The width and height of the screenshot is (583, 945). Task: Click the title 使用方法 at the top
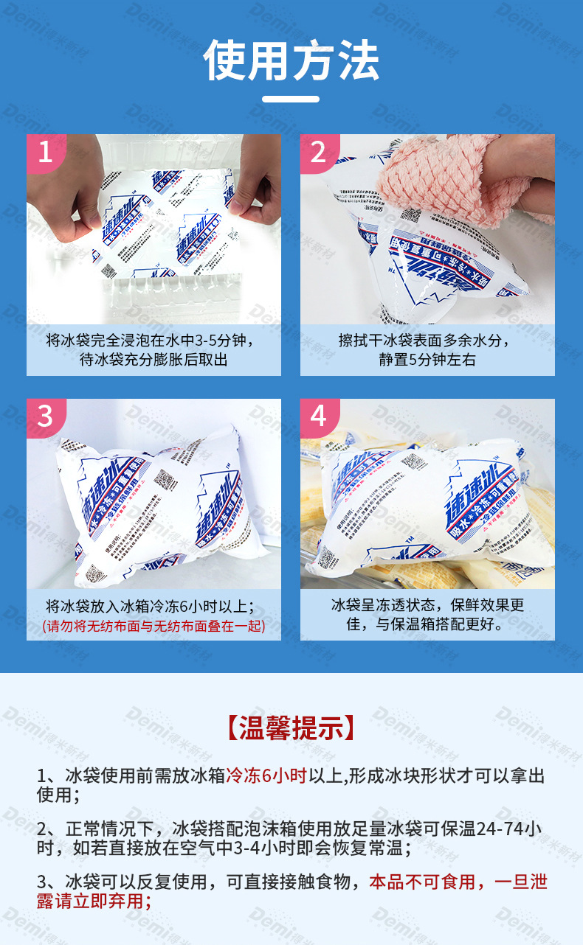[291, 60]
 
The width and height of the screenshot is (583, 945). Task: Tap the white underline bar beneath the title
[291, 99]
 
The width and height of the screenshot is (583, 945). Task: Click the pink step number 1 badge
[45, 152]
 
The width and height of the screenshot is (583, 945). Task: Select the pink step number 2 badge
[318, 152]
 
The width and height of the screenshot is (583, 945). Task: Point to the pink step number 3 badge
[45, 416]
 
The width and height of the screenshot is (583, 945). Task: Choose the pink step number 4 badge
[318, 416]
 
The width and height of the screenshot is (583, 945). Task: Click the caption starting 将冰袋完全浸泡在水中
[153, 350]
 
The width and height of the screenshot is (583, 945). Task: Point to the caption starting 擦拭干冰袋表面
[427, 350]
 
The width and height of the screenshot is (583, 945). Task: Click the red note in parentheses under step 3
[153, 627]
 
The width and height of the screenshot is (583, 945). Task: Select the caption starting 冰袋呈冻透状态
[427, 615]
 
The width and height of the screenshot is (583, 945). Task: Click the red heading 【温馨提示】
[291, 728]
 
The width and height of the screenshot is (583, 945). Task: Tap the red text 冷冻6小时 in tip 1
[266, 776]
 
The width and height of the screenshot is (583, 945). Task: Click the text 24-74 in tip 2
[503, 828]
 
